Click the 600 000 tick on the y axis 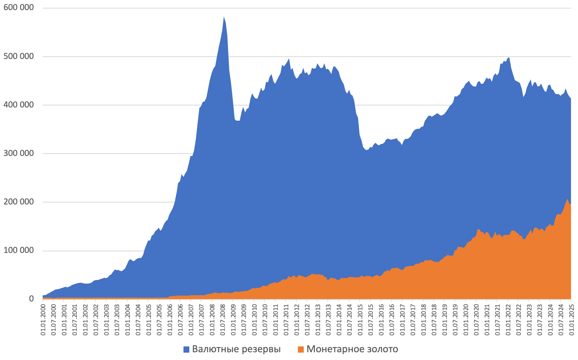coord(18,8)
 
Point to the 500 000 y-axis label coord(18,56)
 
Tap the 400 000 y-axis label coord(18,105)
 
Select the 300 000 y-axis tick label coord(18,153)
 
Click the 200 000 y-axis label coord(18,202)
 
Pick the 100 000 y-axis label coord(18,251)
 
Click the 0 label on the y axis coord(31,299)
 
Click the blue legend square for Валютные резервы coord(186,350)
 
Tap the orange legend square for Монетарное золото coord(300,350)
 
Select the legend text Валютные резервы coord(236,349)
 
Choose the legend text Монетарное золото coord(352,349)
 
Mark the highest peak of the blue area coord(224,17)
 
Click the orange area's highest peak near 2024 coord(567,199)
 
